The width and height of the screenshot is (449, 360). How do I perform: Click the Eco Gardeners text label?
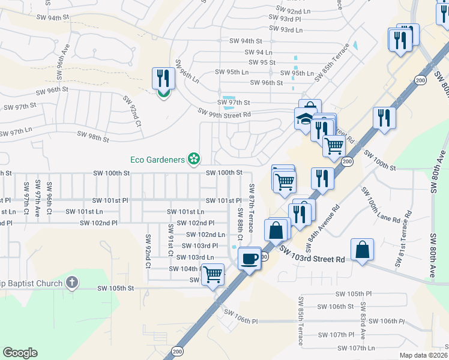[x=158, y=159]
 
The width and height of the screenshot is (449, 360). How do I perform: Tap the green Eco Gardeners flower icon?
[x=194, y=159]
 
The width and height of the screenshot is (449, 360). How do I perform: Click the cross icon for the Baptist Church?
[x=72, y=282]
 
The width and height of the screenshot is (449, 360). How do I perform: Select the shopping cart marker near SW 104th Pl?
[x=213, y=274]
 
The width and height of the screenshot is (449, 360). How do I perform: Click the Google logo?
[x=20, y=353]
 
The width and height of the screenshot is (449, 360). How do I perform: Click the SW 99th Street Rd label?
[x=224, y=113]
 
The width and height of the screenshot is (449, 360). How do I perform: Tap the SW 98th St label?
[x=92, y=137]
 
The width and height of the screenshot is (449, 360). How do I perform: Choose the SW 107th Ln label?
[x=355, y=348]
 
